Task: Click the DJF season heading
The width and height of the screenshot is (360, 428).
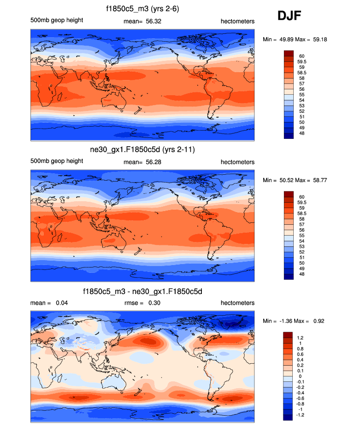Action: coord(290,16)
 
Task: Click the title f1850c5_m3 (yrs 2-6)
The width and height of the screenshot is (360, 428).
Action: coord(142,8)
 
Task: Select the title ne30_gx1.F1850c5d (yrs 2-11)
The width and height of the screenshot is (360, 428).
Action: coord(142,150)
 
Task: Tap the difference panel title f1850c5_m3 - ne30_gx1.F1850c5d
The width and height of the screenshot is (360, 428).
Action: coord(142,292)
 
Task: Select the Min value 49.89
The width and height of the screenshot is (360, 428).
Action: coord(285,39)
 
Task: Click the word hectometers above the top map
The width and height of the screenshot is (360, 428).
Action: coord(237,21)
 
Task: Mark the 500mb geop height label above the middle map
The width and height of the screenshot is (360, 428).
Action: coord(56,162)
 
